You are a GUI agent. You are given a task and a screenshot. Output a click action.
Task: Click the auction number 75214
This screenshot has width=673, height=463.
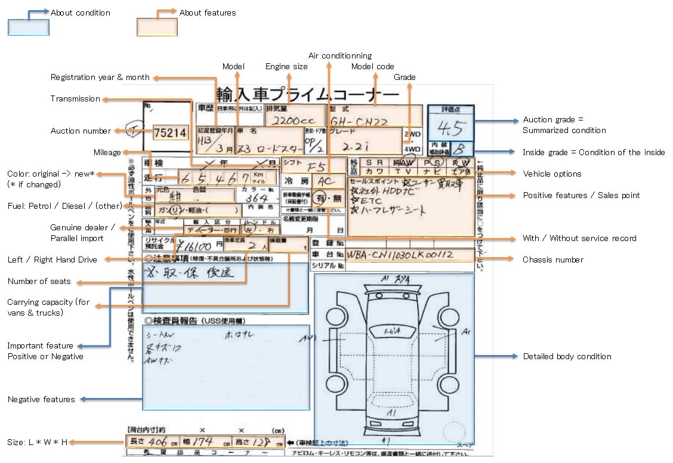tap(170, 133)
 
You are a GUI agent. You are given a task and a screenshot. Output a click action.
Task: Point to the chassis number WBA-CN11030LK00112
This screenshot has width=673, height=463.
tap(401, 255)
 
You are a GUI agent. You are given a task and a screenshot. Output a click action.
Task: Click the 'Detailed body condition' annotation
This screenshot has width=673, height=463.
tap(567, 356)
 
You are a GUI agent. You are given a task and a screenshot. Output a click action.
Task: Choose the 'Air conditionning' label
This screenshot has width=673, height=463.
tap(340, 55)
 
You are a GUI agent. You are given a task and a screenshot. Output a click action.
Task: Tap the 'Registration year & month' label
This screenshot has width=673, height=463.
tap(100, 77)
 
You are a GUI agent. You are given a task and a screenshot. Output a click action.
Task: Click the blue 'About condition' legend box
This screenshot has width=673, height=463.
tap(28, 27)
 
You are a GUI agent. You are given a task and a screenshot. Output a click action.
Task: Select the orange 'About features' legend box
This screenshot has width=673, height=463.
tap(157, 27)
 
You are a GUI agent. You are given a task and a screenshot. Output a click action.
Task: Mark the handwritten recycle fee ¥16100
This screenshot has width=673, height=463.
tap(192, 246)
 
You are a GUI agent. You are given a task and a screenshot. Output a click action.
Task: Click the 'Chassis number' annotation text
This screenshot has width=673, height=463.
tap(553, 260)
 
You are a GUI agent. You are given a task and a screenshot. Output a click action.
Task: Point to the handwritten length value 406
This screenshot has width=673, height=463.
tap(157, 442)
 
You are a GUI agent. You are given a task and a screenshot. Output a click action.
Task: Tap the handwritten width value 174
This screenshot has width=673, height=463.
tap(203, 442)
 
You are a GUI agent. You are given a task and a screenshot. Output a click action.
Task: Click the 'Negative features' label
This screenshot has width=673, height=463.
tap(41, 399)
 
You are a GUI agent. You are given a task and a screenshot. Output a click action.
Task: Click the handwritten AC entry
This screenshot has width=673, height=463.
tap(326, 181)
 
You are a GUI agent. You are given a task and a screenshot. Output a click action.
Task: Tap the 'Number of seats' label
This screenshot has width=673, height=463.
tap(39, 281)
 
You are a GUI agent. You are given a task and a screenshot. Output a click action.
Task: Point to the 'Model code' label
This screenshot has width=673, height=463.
tap(372, 66)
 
